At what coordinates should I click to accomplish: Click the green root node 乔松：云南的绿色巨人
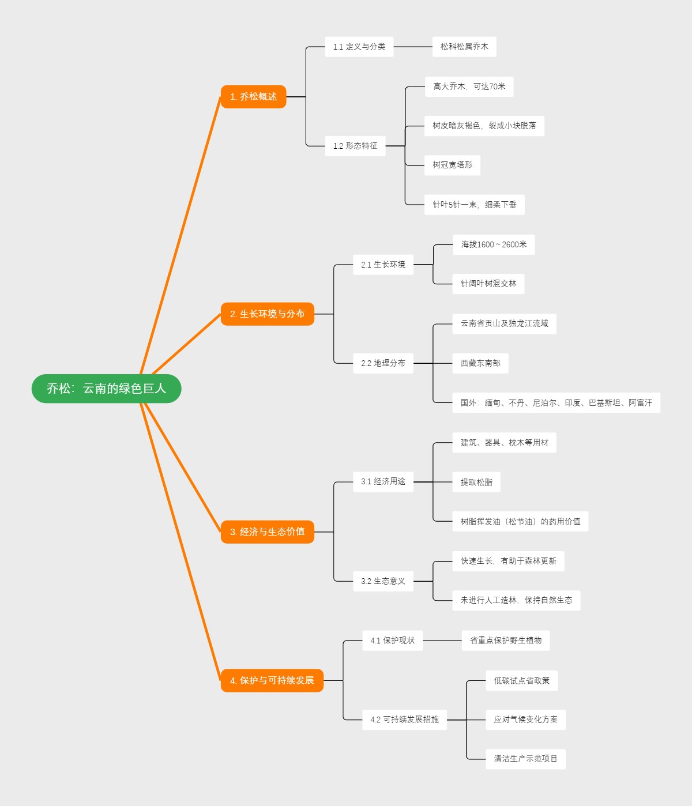pos(106,389)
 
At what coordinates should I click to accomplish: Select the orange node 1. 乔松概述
pos(253,97)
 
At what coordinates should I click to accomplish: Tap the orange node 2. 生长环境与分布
pos(267,314)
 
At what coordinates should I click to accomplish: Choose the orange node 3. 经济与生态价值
pos(267,532)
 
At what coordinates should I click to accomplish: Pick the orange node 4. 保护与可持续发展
pos(272,680)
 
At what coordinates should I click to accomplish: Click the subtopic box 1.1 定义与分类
pos(359,47)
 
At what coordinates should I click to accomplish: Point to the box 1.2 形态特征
pos(355,146)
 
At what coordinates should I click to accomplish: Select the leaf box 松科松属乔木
pos(464,47)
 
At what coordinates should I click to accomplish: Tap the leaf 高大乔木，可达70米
pos(469,86)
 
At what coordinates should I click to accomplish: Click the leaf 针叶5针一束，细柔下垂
pos(474,205)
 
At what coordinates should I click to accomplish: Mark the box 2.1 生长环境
pos(383,265)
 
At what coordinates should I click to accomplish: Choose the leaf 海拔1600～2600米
pos(493,244)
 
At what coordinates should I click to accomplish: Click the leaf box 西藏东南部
pos(480,363)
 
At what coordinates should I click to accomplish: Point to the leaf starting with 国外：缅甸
pos(556,403)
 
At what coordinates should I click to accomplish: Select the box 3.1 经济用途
pos(383,481)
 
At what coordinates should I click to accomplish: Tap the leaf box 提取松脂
pos(476,483)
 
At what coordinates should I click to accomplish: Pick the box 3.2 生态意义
pos(383,581)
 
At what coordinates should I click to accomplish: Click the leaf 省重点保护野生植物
pos(505,641)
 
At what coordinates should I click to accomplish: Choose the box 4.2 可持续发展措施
pos(404,720)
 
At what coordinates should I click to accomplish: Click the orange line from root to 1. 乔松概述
pos(180,236)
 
